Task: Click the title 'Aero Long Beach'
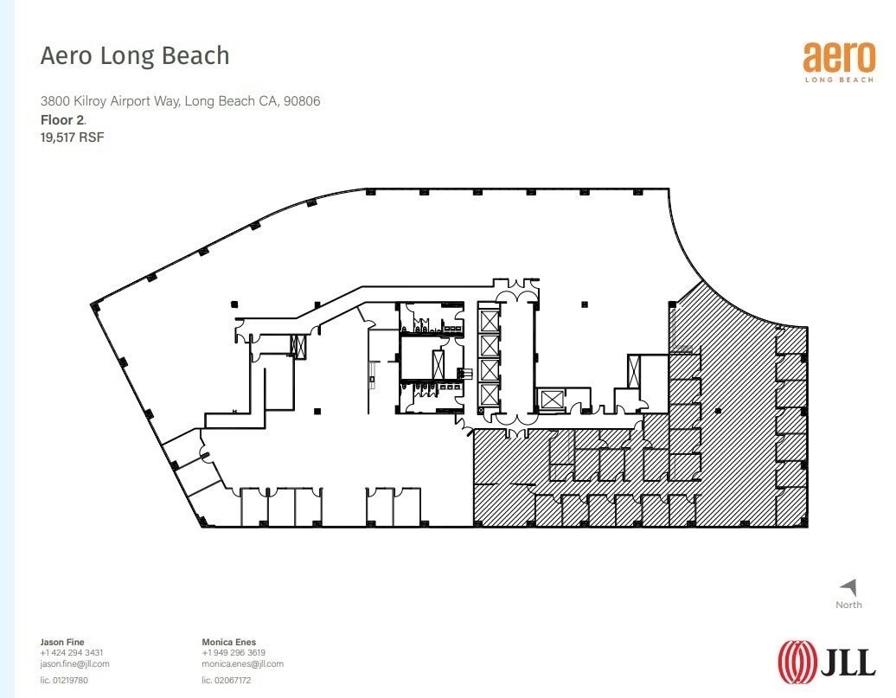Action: [x=135, y=56]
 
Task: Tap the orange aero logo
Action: [x=839, y=56]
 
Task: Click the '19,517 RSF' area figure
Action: [x=72, y=137]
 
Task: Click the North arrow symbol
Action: [x=848, y=587]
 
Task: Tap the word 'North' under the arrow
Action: [x=848, y=605]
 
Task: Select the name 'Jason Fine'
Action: [x=63, y=642]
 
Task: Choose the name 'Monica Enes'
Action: [x=228, y=642]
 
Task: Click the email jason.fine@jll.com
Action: [x=74, y=664]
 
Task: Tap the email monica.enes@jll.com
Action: [x=242, y=664]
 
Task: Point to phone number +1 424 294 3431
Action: [x=72, y=653]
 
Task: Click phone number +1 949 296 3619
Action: [x=234, y=653]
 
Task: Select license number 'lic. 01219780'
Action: [x=64, y=681]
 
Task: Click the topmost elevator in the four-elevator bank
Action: [x=489, y=321]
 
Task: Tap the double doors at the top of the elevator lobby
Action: [x=516, y=286]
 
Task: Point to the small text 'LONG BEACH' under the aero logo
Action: [x=839, y=80]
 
